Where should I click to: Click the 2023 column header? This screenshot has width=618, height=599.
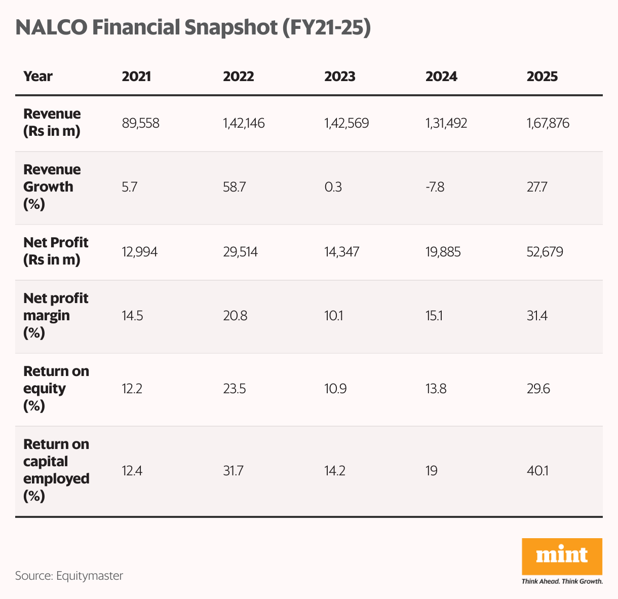click(x=340, y=77)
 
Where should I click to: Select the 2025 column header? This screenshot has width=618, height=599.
click(x=542, y=77)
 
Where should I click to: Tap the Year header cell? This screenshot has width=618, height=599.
click(x=38, y=77)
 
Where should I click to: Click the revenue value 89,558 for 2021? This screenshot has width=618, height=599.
click(x=141, y=123)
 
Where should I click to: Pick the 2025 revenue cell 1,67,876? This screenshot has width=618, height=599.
click(x=548, y=123)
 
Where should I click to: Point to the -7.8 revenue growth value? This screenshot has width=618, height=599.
click(x=435, y=187)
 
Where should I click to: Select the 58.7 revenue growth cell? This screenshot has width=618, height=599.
click(x=235, y=187)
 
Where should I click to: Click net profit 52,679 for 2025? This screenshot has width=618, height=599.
click(x=545, y=252)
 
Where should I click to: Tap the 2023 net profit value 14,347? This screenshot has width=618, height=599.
click(x=342, y=252)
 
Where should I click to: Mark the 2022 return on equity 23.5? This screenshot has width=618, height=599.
click(x=235, y=389)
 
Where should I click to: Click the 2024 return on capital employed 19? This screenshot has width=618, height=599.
click(x=431, y=471)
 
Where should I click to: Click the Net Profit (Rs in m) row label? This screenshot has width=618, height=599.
click(x=56, y=251)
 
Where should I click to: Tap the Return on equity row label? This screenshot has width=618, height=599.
click(x=56, y=388)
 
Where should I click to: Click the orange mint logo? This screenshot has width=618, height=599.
click(x=562, y=556)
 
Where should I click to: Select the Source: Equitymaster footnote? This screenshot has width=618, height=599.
click(x=69, y=576)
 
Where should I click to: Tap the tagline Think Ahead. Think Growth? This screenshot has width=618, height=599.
click(x=562, y=581)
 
